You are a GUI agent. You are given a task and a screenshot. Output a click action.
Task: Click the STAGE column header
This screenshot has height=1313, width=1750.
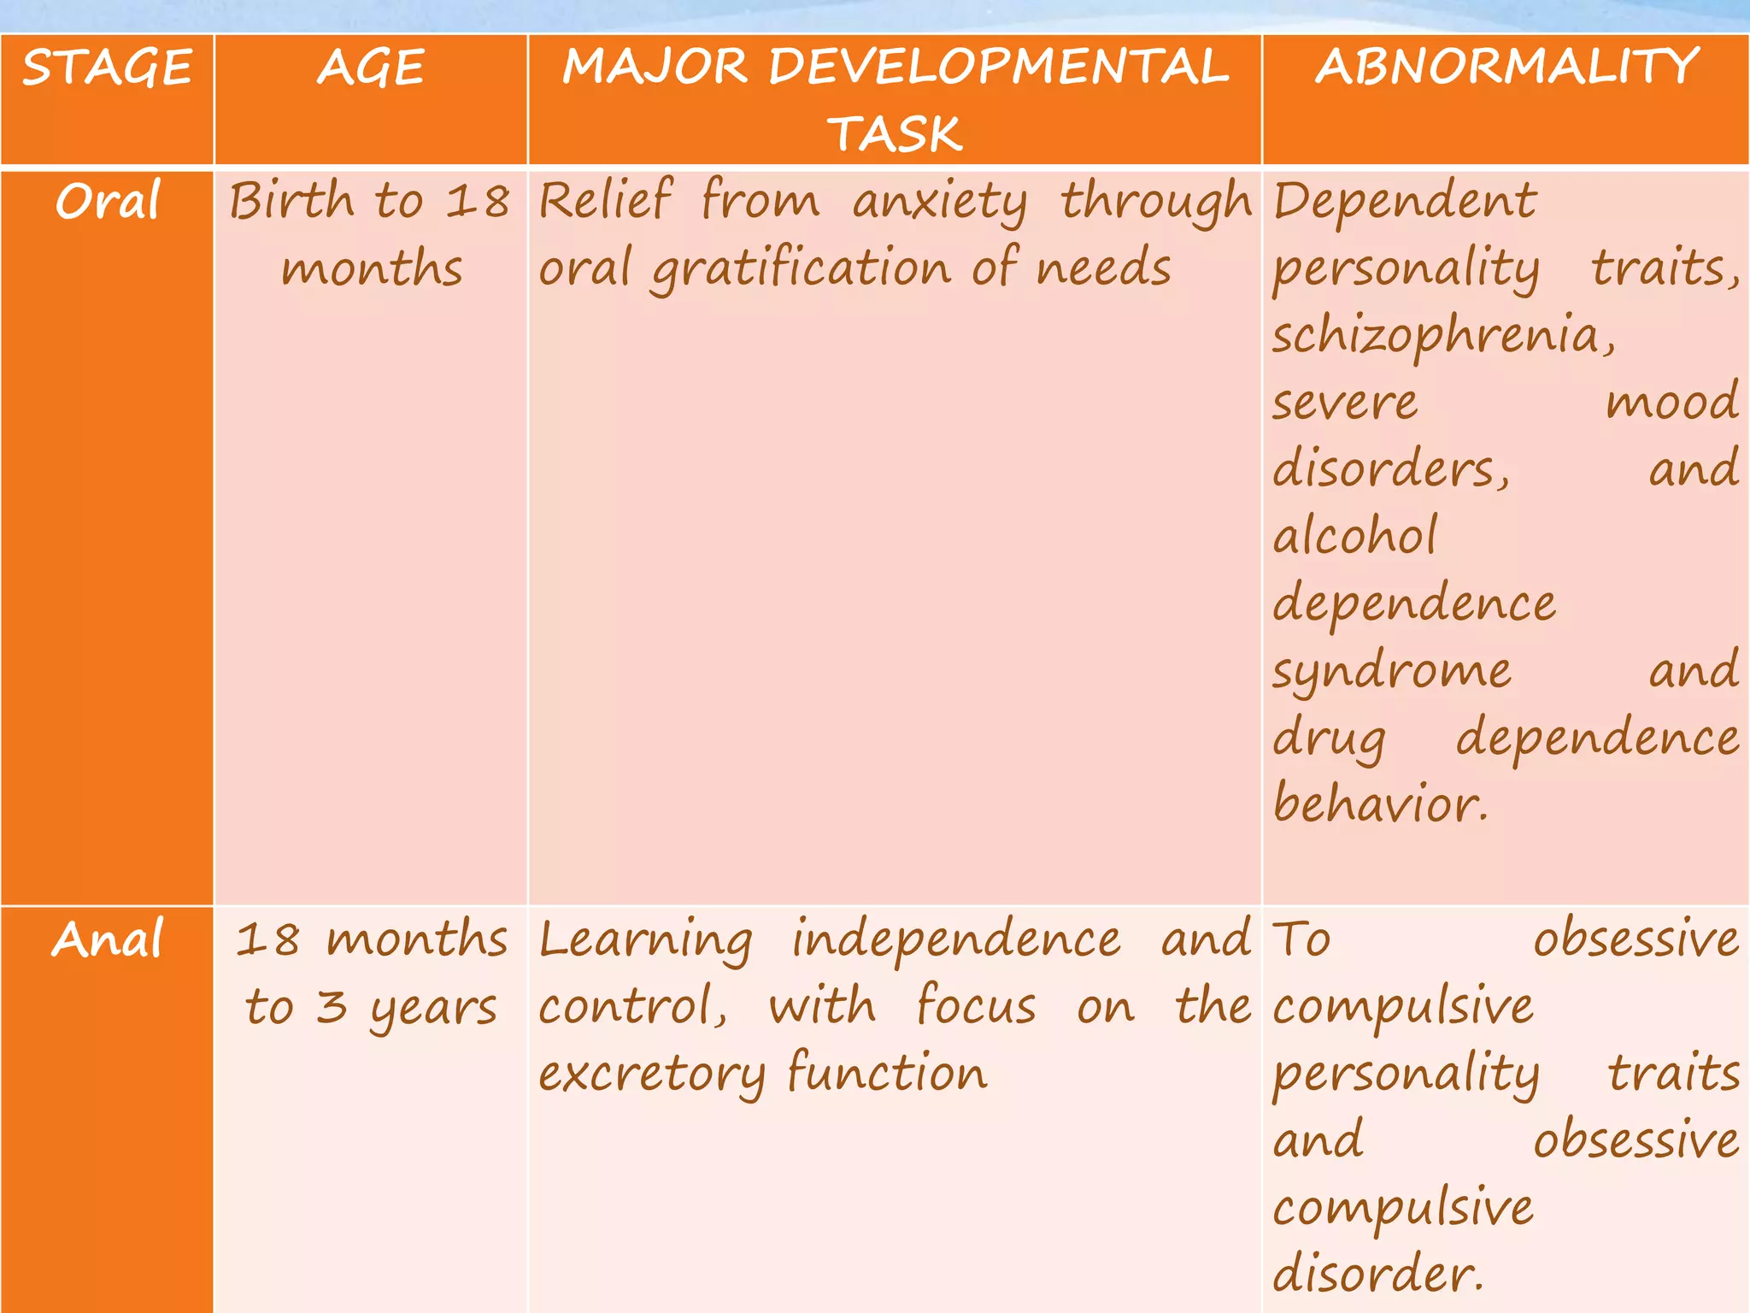click(x=107, y=68)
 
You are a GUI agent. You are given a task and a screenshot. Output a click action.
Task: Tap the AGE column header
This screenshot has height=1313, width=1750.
click(x=371, y=68)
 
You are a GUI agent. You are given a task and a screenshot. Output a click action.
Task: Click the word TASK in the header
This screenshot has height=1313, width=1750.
click(x=895, y=134)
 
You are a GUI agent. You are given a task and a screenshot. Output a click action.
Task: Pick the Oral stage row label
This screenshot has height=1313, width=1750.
click(x=108, y=202)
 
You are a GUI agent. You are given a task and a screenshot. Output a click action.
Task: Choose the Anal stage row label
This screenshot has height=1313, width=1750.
click(x=108, y=939)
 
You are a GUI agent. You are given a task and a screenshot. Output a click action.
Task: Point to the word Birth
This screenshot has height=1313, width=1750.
click(x=291, y=202)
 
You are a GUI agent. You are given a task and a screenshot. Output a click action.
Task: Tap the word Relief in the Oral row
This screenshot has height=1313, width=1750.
click(x=605, y=202)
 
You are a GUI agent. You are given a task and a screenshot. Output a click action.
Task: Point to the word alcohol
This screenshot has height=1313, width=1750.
click(x=1355, y=537)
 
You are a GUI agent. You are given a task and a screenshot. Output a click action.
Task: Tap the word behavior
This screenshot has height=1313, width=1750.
click(x=1379, y=804)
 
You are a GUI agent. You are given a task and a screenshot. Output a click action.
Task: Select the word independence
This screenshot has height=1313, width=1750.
click(x=955, y=939)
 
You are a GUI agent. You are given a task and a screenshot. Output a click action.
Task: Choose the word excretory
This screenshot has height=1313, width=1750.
click(x=651, y=1075)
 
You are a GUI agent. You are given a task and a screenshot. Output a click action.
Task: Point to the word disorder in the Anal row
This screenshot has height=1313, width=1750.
click(x=1377, y=1273)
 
